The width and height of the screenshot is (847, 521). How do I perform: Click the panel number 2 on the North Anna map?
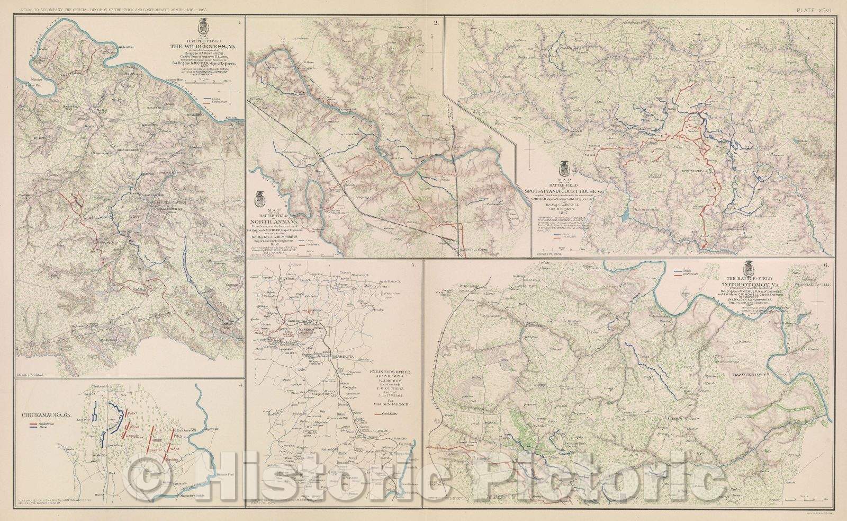point(436,22)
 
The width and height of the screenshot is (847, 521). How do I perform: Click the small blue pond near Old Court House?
point(627,215)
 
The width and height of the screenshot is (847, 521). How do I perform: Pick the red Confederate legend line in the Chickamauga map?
point(33,425)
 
